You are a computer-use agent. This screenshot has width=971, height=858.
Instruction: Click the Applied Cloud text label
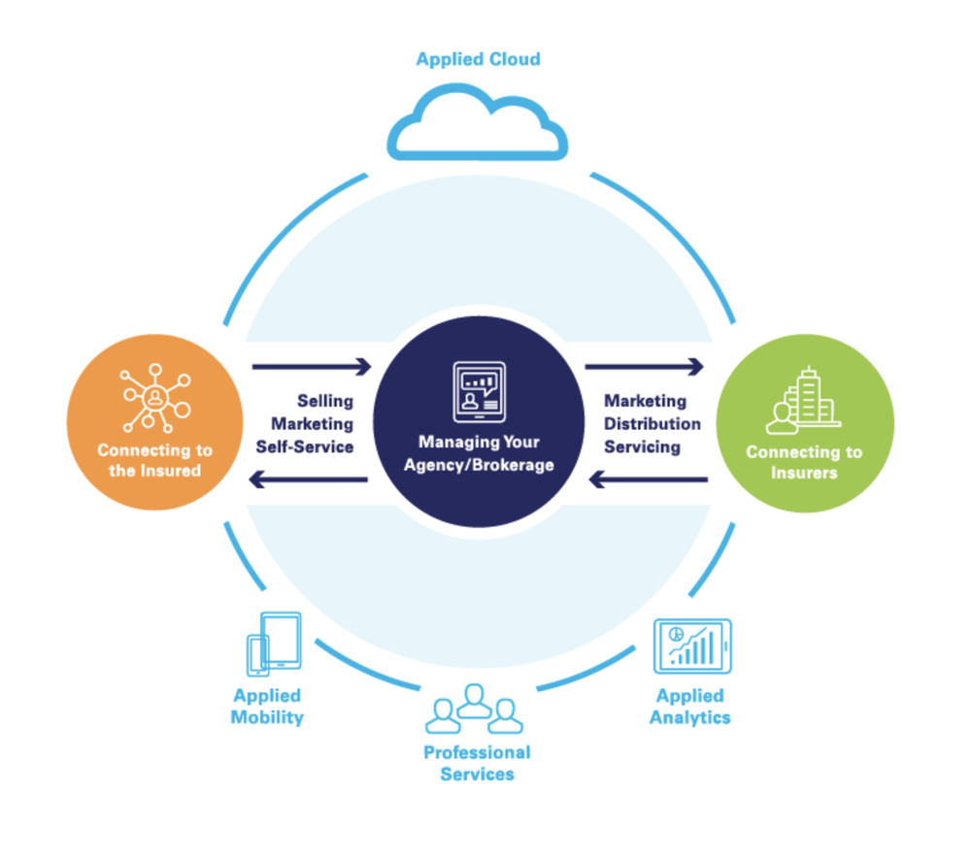pos(478,59)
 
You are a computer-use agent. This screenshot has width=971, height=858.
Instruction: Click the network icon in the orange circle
pos(154,398)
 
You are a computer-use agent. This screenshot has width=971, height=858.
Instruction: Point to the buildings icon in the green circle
pos(801,401)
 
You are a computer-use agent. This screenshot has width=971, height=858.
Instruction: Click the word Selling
pos(325,401)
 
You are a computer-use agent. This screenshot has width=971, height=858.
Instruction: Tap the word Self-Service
pos(304,447)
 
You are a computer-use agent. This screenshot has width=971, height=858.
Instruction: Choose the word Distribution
pos(653,424)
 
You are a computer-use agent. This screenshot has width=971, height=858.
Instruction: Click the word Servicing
pos(642,447)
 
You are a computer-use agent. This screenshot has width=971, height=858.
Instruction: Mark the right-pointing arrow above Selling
pos(311,367)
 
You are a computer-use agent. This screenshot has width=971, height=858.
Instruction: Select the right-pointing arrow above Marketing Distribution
pos(645,367)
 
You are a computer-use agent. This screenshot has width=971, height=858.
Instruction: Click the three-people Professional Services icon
pos(475,709)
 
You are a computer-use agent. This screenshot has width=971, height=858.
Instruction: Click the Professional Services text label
pos(477,763)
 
